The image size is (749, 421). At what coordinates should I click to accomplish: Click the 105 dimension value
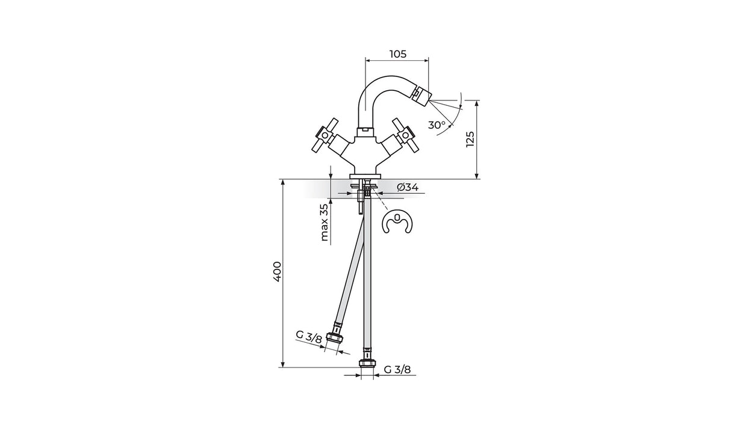[398, 54]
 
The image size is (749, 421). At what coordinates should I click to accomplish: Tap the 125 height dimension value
[470, 139]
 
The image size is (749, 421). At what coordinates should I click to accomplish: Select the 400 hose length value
[278, 272]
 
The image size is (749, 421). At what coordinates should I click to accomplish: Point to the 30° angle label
[437, 125]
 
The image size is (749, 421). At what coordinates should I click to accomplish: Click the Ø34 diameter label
[408, 188]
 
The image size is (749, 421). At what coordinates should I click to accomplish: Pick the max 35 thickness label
[324, 223]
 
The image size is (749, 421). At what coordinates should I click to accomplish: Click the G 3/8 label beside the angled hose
[309, 337]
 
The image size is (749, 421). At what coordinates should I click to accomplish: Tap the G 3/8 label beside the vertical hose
[397, 369]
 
